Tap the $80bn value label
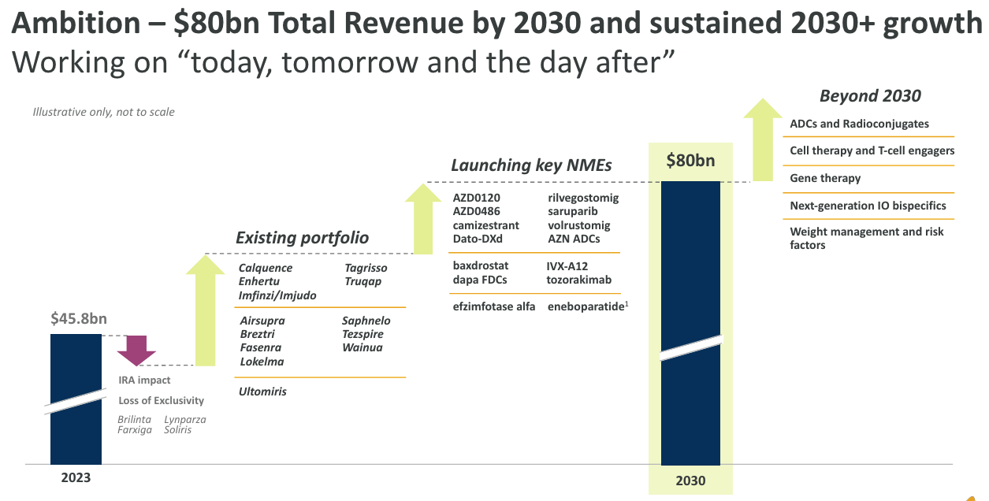[690, 161]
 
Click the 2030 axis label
[690, 481]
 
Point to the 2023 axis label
[76, 477]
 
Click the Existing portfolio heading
[302, 238]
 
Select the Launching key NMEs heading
[531, 165]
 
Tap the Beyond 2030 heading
[870, 96]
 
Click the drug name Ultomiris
[262, 392]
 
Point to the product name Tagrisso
[366, 268]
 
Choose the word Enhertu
[259, 282]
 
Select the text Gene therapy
[825, 178]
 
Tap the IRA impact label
[144, 380]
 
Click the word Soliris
[178, 430]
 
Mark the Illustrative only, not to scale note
[103, 112]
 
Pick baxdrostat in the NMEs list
[481, 265]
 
